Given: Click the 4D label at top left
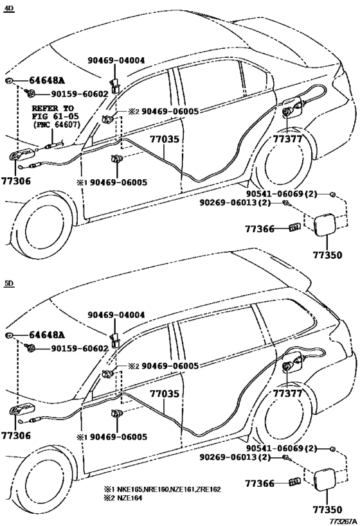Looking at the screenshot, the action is point(8,9).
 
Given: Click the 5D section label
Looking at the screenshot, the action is point(8,283).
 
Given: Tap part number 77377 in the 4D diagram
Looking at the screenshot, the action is point(287,139).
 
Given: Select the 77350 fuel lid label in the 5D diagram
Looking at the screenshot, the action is point(327,510).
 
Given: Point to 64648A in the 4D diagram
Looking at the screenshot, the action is point(47,80).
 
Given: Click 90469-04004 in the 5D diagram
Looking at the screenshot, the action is point(116,315).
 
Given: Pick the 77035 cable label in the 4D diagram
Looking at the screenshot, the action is point(164,139).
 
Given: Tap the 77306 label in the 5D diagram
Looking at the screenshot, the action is point(16,435).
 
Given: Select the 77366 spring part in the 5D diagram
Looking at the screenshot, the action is point(295,482).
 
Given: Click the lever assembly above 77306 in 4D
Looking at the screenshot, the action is point(22,157).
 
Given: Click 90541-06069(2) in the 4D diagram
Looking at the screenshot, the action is point(282,193).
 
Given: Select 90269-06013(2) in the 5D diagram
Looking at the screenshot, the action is point(235,457).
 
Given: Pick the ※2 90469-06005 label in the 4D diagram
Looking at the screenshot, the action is point(163,111).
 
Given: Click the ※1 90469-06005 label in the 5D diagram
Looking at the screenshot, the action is point(112,437).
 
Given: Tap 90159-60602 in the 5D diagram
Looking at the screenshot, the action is point(80,349).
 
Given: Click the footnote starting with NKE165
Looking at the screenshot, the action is point(162,489).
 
